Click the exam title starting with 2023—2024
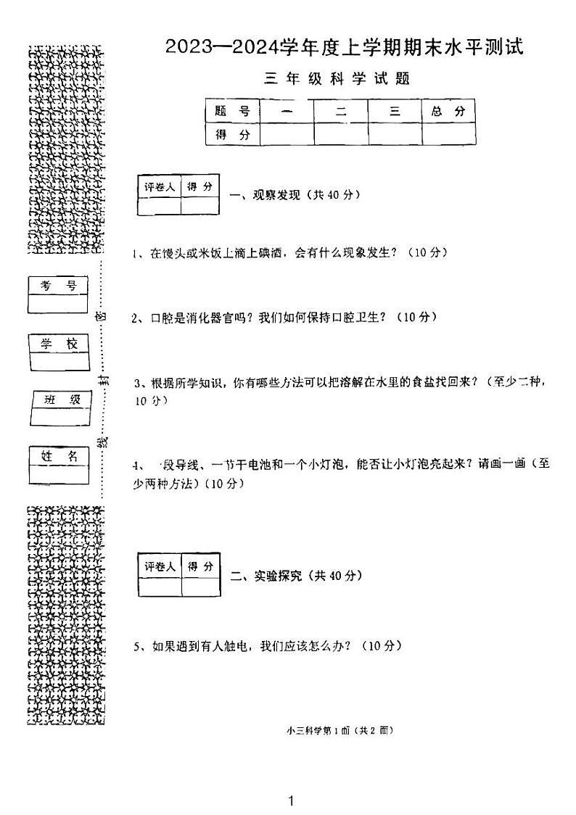[x=344, y=48]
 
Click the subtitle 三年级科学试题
[x=337, y=79]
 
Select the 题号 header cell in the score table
[x=232, y=112]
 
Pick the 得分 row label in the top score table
[x=232, y=134]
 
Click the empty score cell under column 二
[x=340, y=134]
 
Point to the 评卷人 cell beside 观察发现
[x=159, y=187]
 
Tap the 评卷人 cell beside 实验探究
[x=160, y=566]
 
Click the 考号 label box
[x=58, y=286]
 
